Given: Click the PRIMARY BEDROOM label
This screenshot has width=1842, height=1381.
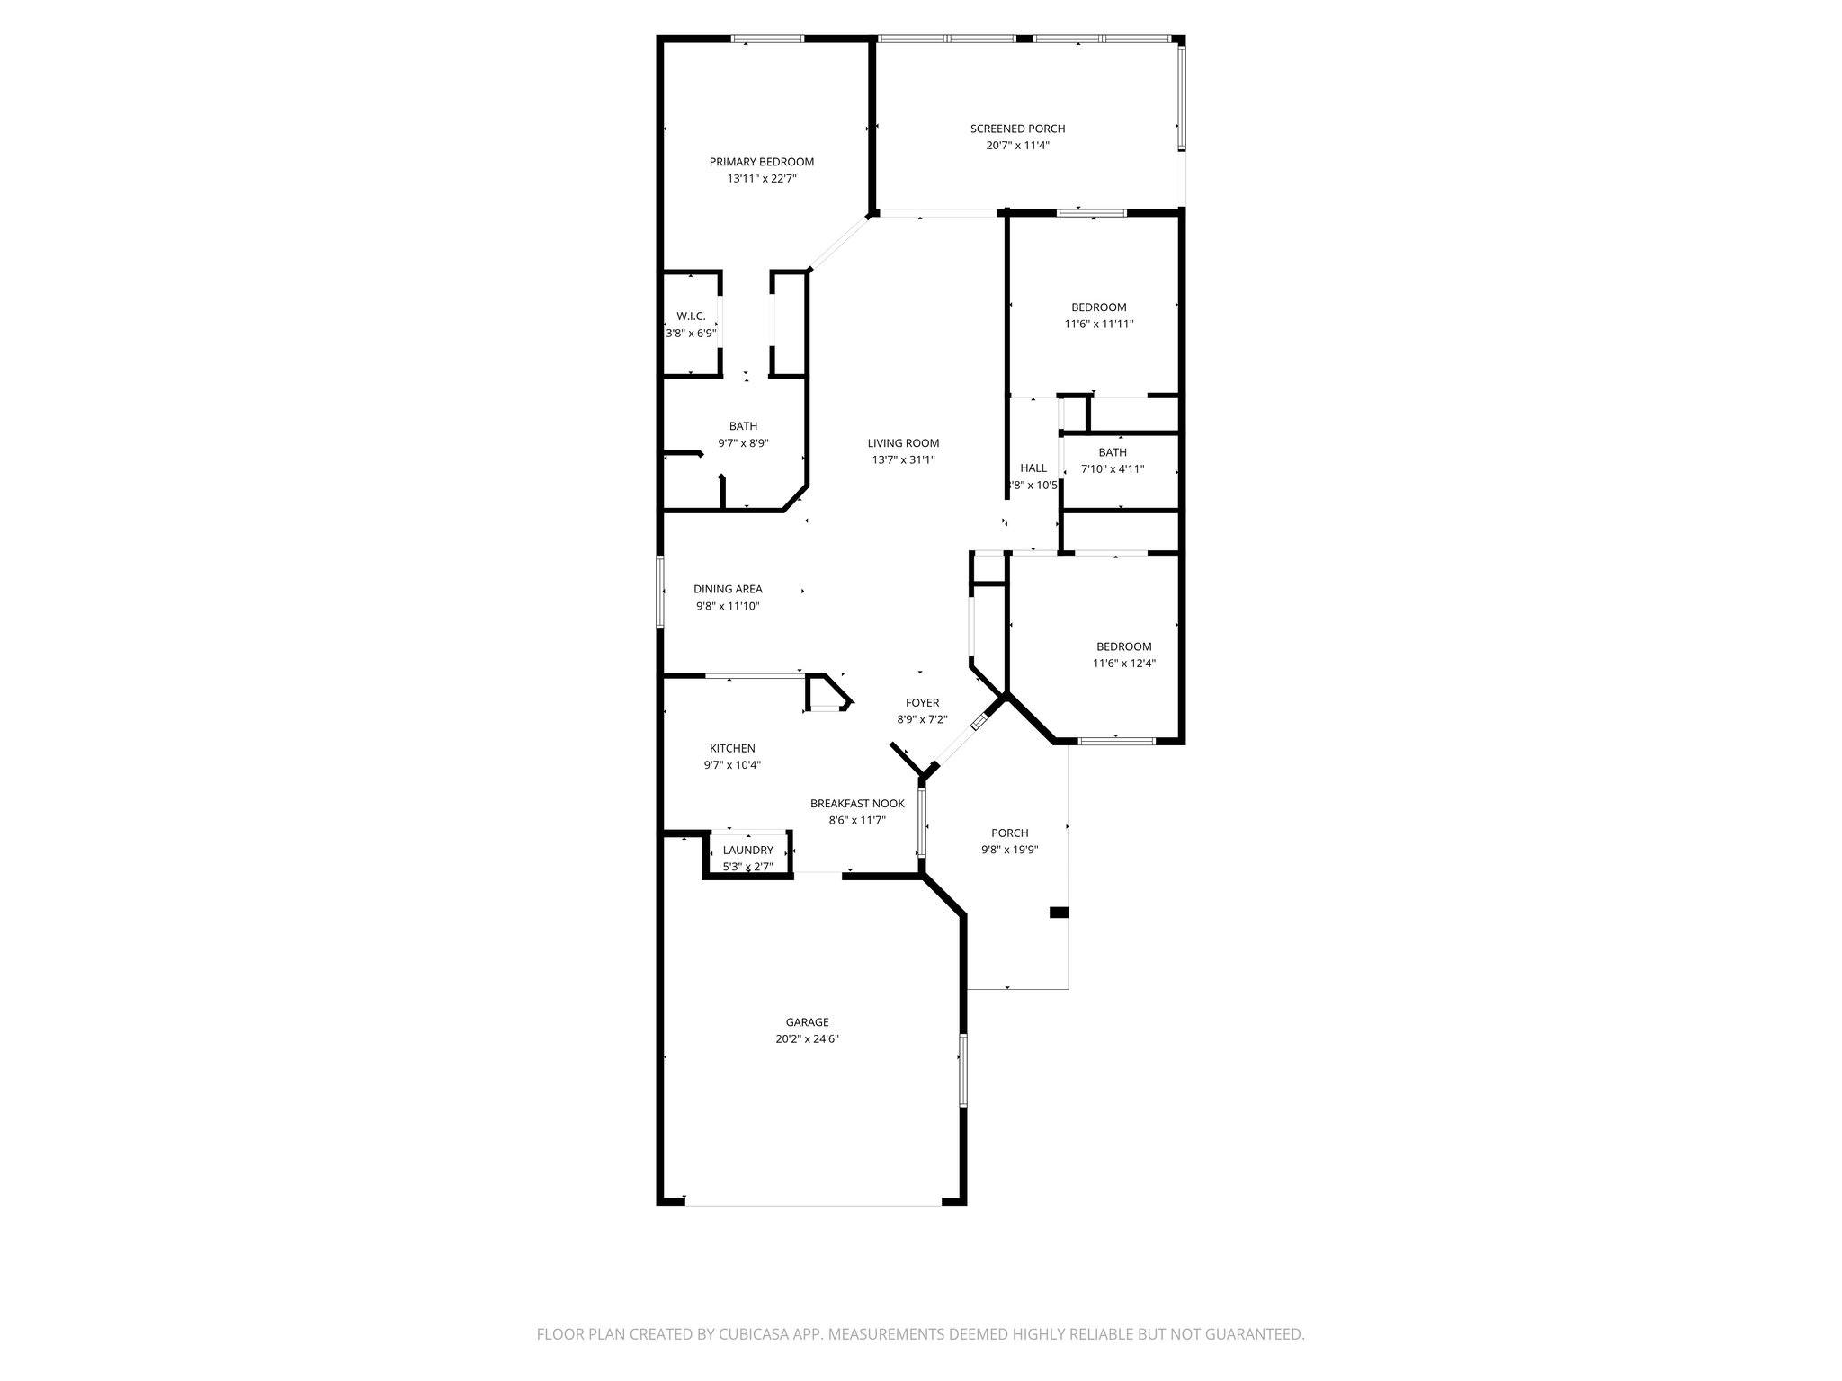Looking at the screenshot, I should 761,162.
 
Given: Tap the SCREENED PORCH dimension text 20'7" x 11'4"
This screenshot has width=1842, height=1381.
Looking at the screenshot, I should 1016,146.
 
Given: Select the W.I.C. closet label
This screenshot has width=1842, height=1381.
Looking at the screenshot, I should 691,316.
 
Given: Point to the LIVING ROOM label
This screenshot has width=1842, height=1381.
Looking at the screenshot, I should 903,442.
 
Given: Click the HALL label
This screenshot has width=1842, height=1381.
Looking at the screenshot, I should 1033,468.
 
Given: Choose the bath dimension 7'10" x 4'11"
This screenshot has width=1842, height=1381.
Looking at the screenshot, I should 1112,468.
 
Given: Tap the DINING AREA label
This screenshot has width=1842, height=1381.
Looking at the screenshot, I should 728,589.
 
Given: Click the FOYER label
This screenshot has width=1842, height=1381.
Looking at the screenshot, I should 922,703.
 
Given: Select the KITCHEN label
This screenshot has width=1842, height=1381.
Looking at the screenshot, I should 732,748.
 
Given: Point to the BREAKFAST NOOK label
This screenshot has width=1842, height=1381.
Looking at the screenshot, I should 857,804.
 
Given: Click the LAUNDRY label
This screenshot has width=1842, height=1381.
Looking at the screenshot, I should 747,850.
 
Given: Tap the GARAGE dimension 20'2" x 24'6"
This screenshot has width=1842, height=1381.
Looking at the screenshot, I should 807,1038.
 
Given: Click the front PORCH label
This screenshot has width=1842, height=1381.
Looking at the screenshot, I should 1009,833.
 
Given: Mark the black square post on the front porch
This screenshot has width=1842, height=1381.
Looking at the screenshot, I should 1059,913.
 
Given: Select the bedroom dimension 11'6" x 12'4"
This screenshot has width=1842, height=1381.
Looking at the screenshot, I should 1123,664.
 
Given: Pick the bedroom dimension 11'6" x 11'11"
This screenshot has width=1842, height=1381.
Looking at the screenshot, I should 1098,324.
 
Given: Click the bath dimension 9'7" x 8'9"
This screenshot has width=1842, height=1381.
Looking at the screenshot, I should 743,443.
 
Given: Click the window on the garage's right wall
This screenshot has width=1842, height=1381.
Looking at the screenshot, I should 962,1070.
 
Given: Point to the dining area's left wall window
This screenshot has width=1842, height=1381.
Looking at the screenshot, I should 659,591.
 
